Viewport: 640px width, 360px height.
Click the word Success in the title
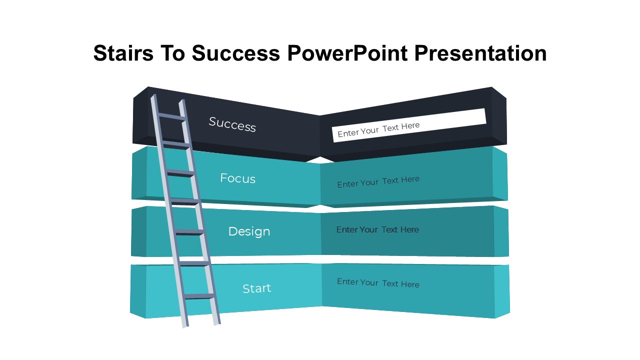pyautogui.click(x=235, y=53)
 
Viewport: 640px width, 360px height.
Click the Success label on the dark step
pyautogui.click(x=232, y=124)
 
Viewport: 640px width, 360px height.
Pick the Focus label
pyautogui.click(x=237, y=178)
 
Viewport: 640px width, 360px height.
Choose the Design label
pyautogui.click(x=249, y=231)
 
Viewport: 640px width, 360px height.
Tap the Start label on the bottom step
pyautogui.click(x=256, y=288)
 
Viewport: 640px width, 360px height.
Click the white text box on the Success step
pyautogui.click(x=409, y=125)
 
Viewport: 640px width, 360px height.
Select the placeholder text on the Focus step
pyautogui.click(x=378, y=181)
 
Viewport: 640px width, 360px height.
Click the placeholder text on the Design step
pyautogui.click(x=377, y=229)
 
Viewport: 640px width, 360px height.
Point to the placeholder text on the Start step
pyautogui.click(x=378, y=283)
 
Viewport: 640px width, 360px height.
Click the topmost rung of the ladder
pyautogui.click(x=171, y=117)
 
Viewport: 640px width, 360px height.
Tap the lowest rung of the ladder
pyautogui.click(x=199, y=296)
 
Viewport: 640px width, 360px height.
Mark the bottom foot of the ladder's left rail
pyautogui.click(x=185, y=325)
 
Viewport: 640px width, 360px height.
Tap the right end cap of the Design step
pyautogui.click(x=501, y=231)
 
